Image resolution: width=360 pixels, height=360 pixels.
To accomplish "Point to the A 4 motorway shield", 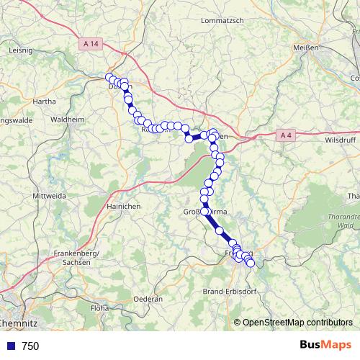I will (286, 135).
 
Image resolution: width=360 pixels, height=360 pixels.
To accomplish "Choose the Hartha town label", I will (44, 102).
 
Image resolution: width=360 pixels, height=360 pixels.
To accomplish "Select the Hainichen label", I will (124, 206).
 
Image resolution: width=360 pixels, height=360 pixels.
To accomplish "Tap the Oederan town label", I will (149, 298).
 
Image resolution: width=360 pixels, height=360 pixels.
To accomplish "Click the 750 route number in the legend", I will (31, 346).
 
